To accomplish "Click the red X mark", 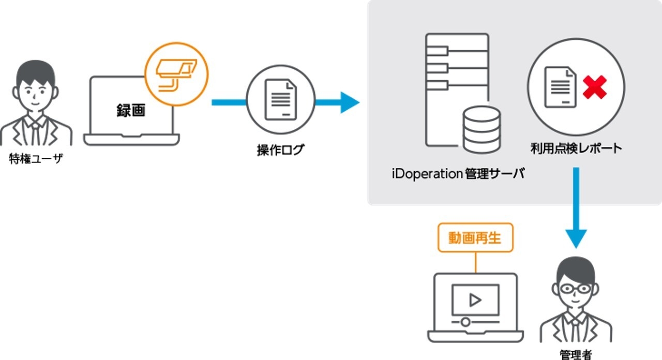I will pos(595,87).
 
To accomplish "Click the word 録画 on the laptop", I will pos(131,110).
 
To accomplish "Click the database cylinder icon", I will pos(481,130).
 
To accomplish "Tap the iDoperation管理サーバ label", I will pos(457,173).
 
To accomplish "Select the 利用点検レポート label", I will pos(576,148).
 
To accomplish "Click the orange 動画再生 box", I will pos(476,237).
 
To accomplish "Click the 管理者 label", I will pos(576,354).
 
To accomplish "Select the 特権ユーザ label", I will pos(36,158).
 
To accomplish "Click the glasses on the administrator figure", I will pos(576,288).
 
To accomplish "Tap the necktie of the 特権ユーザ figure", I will pos(36,132).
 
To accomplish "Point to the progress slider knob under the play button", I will pos(465,322).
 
